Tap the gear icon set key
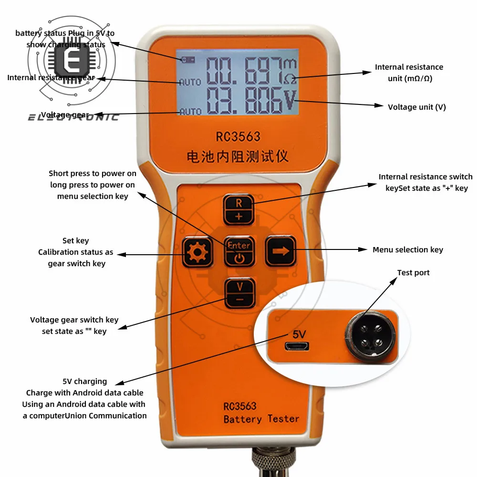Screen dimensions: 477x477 click(197, 252)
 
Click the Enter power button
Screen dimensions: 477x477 click(238, 251)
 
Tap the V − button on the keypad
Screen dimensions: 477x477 click(239, 292)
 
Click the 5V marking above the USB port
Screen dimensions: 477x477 click(299, 334)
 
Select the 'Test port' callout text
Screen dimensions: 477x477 click(413, 273)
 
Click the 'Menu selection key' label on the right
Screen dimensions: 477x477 click(407, 249)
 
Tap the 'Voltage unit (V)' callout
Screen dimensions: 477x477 click(416, 107)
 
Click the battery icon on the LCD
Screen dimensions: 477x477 click(188, 60)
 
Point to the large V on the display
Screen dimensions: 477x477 click(290, 99)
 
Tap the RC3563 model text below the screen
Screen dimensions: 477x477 click(238, 137)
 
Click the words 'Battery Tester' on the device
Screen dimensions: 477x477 click(261, 419)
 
